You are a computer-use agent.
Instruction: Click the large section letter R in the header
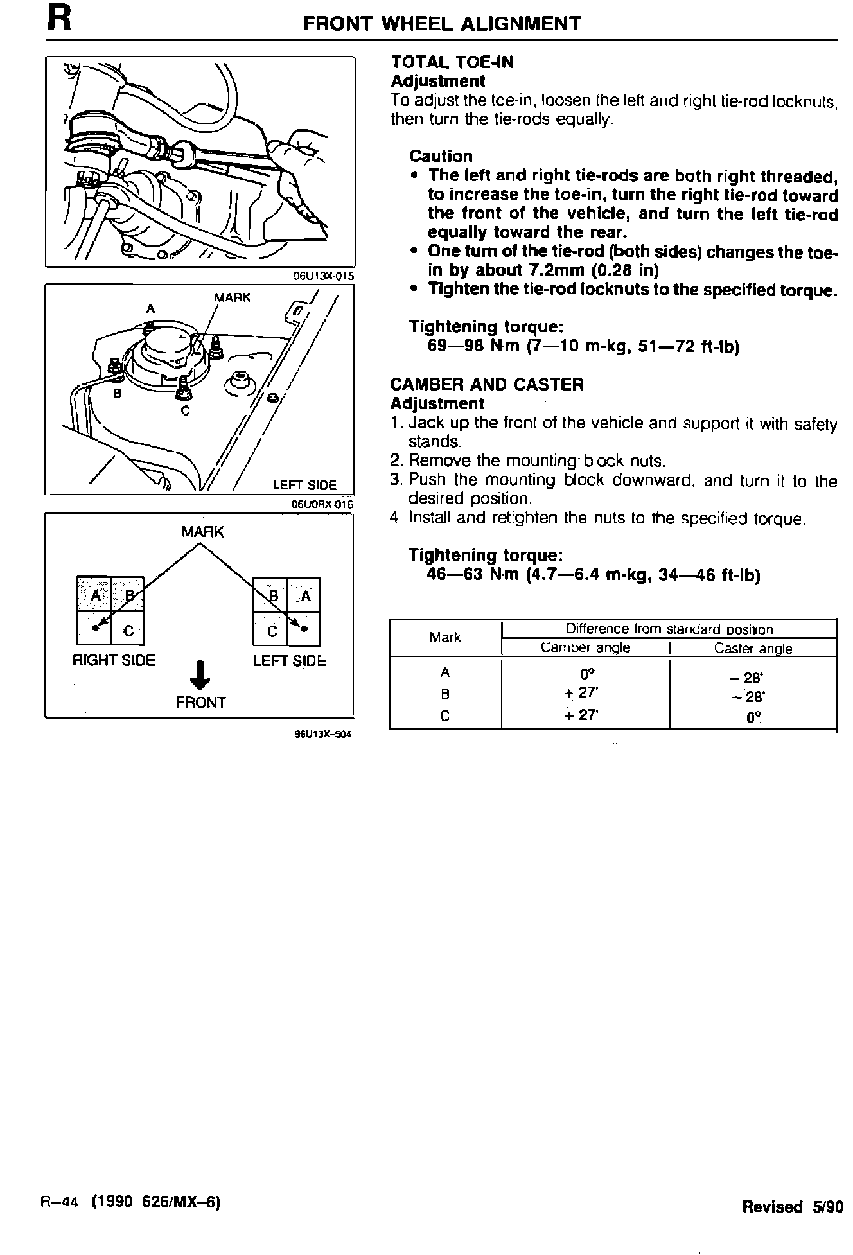(x=58, y=19)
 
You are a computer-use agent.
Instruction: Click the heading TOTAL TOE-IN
(x=452, y=62)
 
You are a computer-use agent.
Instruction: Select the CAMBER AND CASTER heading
(x=486, y=385)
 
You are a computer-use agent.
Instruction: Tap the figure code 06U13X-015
(x=323, y=276)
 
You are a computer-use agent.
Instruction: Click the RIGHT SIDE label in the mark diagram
(x=114, y=661)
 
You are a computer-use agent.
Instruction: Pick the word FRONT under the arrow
(x=200, y=703)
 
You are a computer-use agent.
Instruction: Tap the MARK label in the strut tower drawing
(x=232, y=297)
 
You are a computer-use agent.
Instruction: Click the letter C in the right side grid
(x=128, y=631)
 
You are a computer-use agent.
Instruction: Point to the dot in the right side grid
(x=95, y=627)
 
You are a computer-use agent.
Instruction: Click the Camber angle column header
(x=585, y=648)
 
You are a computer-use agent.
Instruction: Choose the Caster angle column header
(x=753, y=649)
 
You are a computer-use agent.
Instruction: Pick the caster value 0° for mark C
(x=753, y=717)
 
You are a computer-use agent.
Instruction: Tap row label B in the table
(x=445, y=694)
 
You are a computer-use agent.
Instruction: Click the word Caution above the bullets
(x=441, y=156)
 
